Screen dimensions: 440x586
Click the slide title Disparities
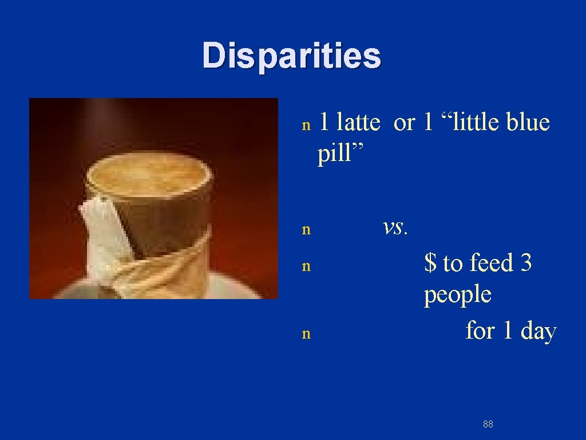(x=291, y=56)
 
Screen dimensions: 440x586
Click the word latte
(x=358, y=122)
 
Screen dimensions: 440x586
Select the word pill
(x=337, y=154)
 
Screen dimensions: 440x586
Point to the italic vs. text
(x=395, y=227)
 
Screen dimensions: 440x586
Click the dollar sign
(x=430, y=263)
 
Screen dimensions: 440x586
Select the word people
(x=457, y=294)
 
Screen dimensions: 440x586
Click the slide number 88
(x=488, y=424)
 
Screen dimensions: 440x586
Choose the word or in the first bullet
(x=404, y=122)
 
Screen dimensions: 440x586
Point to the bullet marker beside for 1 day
(x=306, y=334)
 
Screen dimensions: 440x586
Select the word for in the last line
(x=480, y=331)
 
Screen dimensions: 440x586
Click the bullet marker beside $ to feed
(x=306, y=266)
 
